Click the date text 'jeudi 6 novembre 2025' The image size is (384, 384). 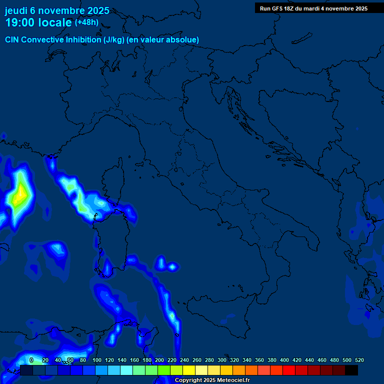[x=57, y=10]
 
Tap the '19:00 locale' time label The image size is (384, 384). [x=38, y=22]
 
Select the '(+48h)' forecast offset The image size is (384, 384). [x=86, y=22]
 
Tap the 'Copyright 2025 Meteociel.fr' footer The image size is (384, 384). [x=212, y=380]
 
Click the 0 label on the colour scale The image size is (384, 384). [x=31, y=360]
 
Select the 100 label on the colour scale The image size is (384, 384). [x=97, y=360]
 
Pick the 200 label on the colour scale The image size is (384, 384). [x=159, y=360]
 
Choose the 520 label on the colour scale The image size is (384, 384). [x=359, y=360]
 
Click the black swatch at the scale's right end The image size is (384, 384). [x=351, y=370]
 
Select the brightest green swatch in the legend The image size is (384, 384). [x=164, y=370]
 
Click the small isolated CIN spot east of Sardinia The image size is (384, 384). [x=172, y=266]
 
